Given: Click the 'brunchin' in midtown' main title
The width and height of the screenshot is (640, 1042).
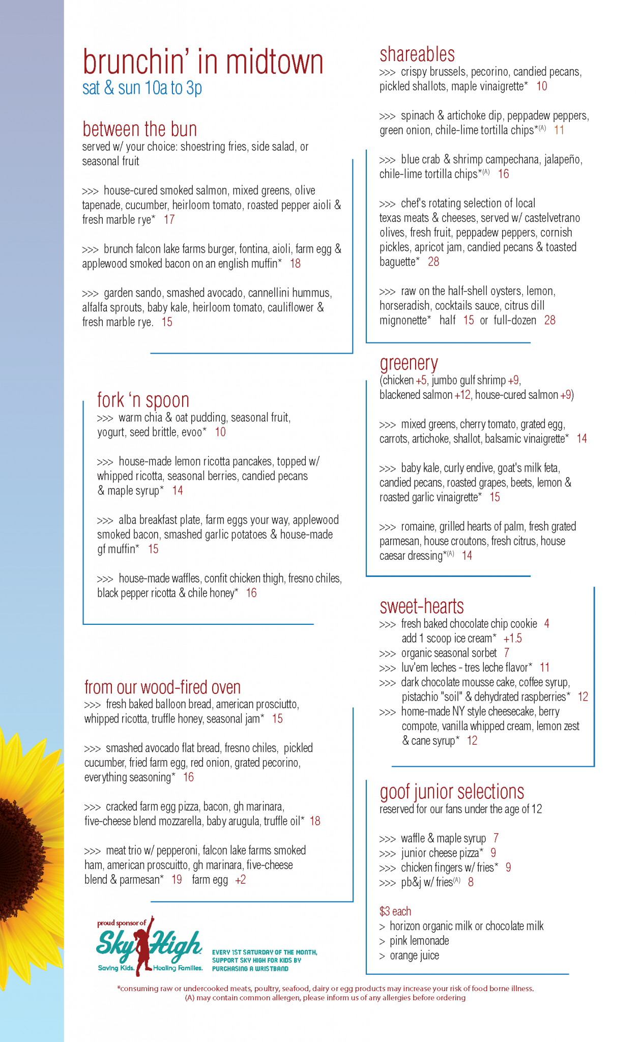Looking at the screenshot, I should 202,63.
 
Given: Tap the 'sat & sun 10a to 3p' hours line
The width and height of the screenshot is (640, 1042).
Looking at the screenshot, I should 142,88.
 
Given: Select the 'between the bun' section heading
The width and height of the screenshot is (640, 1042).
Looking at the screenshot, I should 139,129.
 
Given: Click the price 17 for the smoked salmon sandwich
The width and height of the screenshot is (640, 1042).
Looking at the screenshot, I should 169,220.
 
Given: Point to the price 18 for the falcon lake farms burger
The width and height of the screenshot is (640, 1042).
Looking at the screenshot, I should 295,264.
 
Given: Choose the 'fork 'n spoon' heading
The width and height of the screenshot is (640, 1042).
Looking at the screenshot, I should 143,400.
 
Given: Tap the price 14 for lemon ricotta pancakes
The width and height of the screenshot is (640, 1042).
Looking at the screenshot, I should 177,490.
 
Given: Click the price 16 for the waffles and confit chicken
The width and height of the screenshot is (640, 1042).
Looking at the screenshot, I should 251,593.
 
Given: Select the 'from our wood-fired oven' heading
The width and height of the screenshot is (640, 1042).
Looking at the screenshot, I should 162,687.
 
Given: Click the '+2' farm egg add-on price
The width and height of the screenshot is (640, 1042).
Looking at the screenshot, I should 240,880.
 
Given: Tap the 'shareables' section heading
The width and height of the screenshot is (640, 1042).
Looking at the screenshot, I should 417,54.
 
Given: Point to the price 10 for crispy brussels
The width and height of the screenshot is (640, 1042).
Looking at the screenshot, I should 541,86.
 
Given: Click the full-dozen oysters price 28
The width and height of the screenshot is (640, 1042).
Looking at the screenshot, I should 549,320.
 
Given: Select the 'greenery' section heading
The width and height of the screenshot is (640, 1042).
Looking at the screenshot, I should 409,363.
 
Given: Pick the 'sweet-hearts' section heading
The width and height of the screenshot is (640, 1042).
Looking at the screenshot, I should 421,606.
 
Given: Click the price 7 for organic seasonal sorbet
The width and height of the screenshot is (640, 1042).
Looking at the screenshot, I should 506,653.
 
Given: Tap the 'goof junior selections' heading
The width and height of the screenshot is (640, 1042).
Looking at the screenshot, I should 452,792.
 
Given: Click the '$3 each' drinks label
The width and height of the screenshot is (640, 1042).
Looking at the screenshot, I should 395,911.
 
